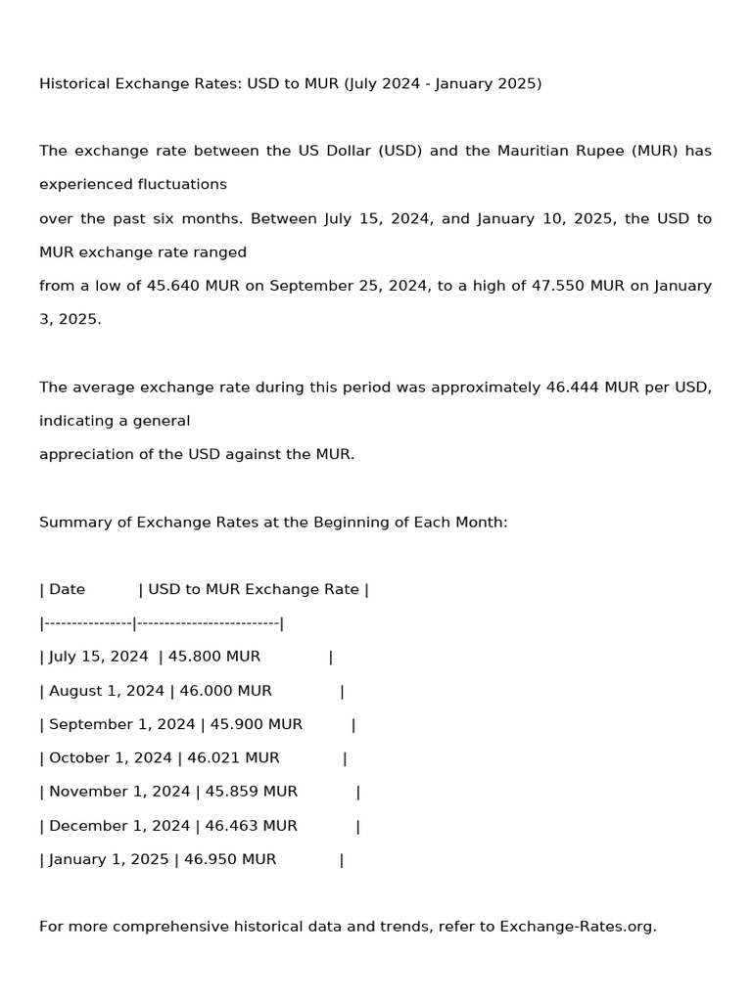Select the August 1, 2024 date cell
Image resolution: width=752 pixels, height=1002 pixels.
pos(107,691)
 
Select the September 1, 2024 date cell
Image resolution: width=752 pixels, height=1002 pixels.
pos(122,724)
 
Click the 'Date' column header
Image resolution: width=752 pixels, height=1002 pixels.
pos(67,589)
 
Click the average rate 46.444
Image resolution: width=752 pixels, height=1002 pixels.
pos(572,387)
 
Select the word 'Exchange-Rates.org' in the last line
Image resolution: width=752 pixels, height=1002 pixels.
pos(578,926)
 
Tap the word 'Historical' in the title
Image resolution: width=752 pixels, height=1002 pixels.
pos(76,83)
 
